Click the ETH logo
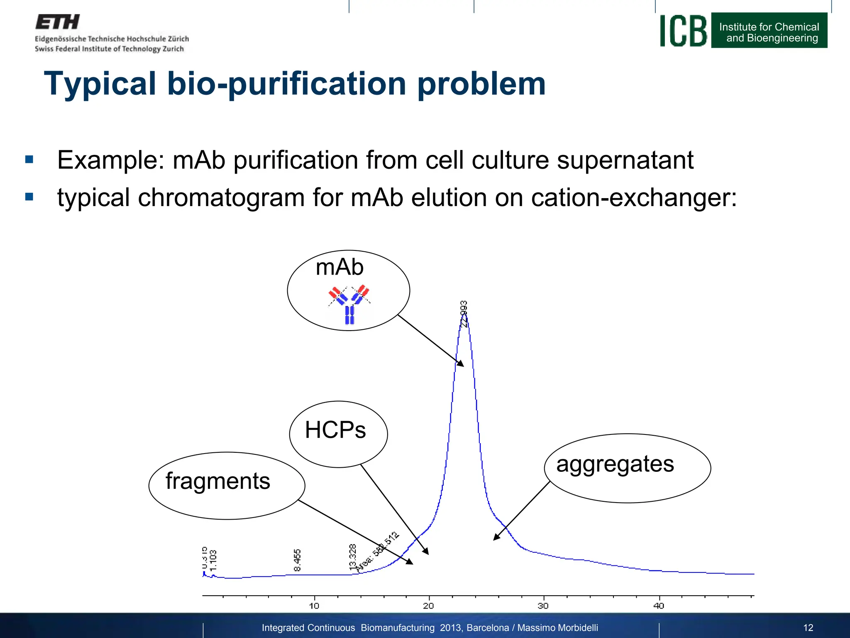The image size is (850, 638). point(58,22)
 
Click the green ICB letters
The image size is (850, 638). point(683,31)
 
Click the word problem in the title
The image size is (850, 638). point(481,84)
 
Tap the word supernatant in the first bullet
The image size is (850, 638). point(625,160)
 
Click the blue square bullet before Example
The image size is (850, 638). point(29,159)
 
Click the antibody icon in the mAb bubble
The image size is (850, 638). point(349,304)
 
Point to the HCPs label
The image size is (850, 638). point(335,430)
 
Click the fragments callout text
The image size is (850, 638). point(218,481)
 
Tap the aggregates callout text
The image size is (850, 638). point(615,464)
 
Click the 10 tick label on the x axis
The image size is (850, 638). point(314,606)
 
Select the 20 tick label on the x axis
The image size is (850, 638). point(428,606)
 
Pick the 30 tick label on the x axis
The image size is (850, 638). point(543,606)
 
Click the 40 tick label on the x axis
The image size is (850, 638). point(659,606)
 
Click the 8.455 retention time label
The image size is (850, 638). point(297,560)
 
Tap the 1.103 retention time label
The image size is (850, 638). point(213,560)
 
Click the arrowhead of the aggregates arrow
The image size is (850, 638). point(495,538)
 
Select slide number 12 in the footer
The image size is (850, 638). point(808,628)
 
